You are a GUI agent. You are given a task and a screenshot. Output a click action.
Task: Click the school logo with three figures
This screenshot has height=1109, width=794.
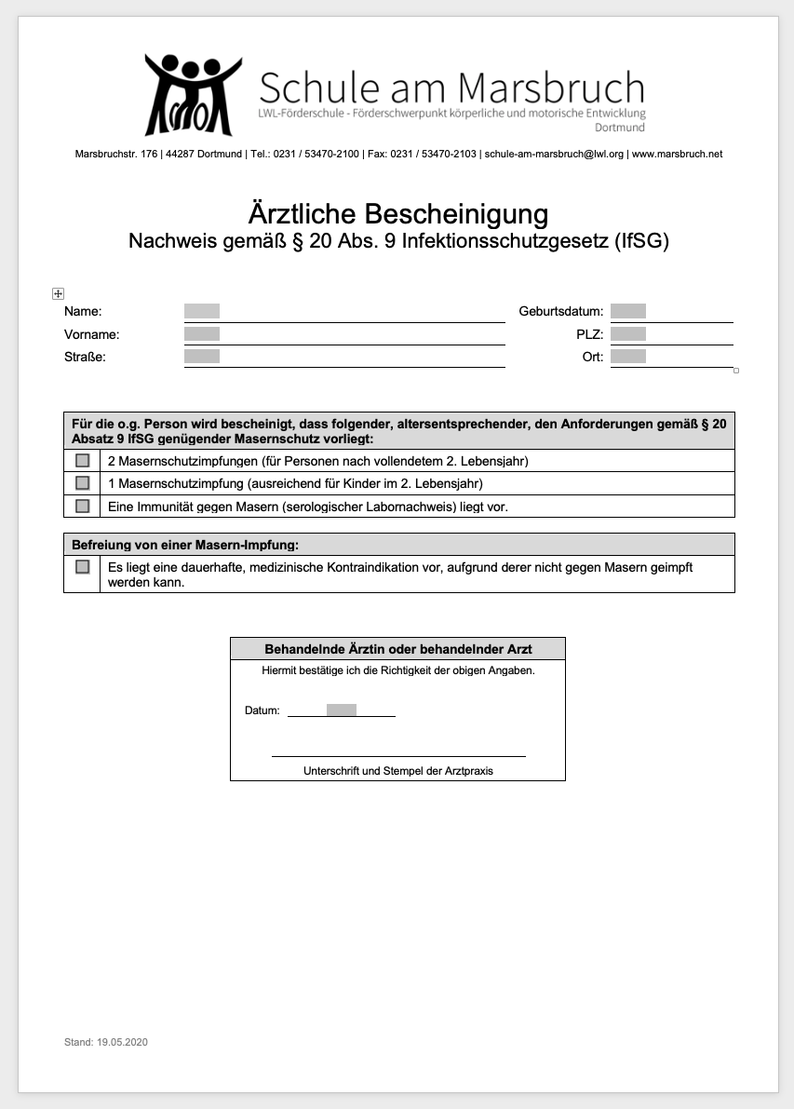point(193,95)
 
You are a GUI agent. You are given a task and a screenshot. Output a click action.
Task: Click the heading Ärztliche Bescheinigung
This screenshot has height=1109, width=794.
point(397,214)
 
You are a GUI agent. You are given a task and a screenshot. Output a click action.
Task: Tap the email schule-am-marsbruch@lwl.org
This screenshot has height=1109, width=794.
point(554,154)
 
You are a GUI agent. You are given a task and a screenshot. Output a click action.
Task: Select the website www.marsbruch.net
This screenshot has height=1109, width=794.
point(677,154)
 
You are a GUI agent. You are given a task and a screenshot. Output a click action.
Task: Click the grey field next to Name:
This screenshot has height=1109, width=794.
point(202,311)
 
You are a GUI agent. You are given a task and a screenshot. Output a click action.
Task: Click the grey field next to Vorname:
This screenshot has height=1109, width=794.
point(202,333)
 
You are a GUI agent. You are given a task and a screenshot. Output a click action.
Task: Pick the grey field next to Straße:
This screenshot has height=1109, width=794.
point(202,356)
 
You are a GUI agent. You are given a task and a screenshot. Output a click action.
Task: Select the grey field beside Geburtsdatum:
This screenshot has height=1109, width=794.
point(628,311)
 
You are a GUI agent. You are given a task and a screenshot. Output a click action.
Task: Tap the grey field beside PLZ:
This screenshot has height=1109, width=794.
point(628,333)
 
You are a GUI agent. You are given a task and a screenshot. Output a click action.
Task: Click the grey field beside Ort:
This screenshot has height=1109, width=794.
point(628,356)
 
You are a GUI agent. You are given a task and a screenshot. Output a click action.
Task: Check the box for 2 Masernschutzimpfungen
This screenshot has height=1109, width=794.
point(83,460)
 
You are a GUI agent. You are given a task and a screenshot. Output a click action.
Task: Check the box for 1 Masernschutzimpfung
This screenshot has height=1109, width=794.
point(83,483)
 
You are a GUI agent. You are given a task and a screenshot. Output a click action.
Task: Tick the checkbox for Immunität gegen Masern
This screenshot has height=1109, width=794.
point(83,506)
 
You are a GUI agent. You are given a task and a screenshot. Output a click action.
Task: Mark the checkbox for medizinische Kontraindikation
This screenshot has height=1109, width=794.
point(83,566)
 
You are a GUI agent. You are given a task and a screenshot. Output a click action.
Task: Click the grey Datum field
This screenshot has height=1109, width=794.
point(342,710)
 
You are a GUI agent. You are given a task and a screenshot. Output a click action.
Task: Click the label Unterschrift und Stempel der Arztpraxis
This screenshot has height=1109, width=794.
point(398,771)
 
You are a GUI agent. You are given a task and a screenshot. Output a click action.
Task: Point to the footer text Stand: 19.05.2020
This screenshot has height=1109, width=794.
point(106,1042)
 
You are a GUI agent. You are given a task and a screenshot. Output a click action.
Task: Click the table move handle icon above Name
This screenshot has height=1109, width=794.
point(58,294)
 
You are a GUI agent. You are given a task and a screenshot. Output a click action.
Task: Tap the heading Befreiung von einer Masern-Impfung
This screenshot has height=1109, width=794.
point(186,545)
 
